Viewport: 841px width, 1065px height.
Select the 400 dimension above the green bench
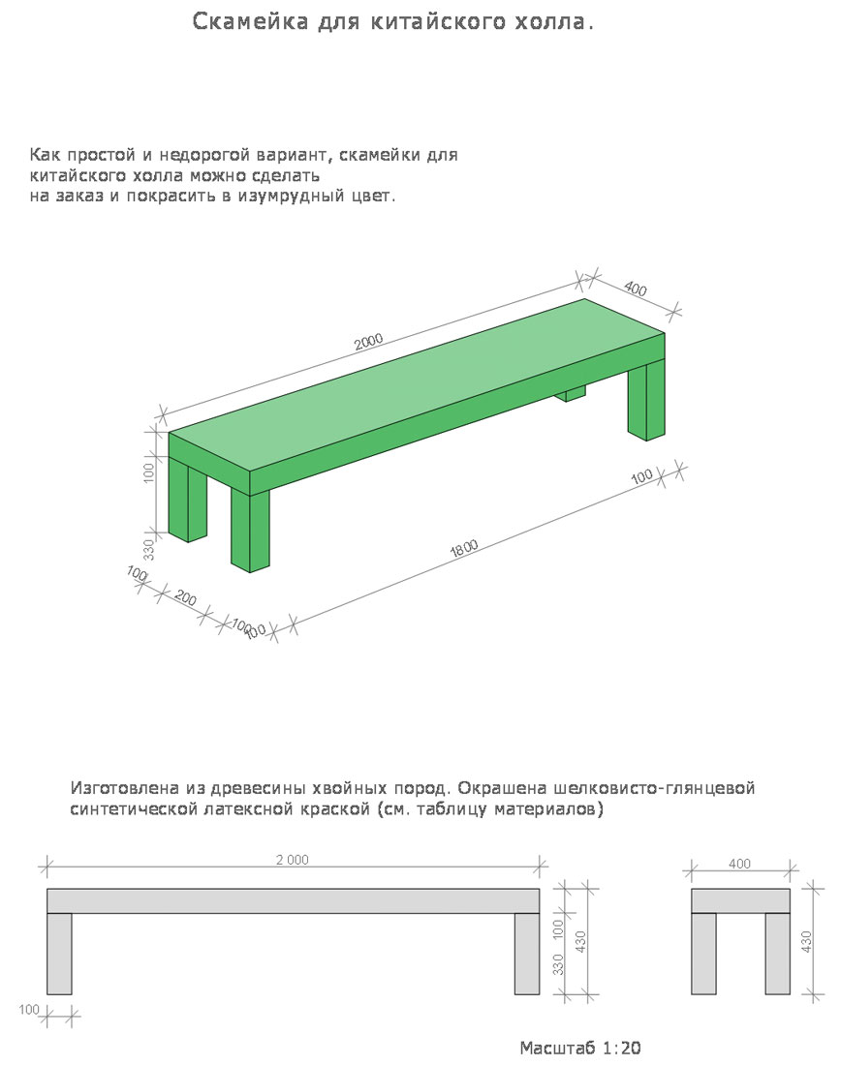point(636,289)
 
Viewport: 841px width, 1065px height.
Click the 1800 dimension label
point(464,549)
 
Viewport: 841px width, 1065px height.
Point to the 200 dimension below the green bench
point(186,597)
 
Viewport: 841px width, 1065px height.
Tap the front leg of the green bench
point(250,532)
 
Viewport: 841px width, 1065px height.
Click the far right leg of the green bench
point(645,401)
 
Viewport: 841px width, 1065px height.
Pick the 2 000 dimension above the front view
point(292,860)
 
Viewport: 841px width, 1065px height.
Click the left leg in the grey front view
point(60,954)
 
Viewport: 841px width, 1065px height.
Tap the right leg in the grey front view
point(527,954)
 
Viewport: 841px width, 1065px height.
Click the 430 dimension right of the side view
point(806,941)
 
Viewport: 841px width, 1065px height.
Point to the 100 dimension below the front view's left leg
point(29,1011)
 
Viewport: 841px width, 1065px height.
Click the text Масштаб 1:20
point(580,1048)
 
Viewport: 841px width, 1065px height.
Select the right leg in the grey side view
point(777,954)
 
